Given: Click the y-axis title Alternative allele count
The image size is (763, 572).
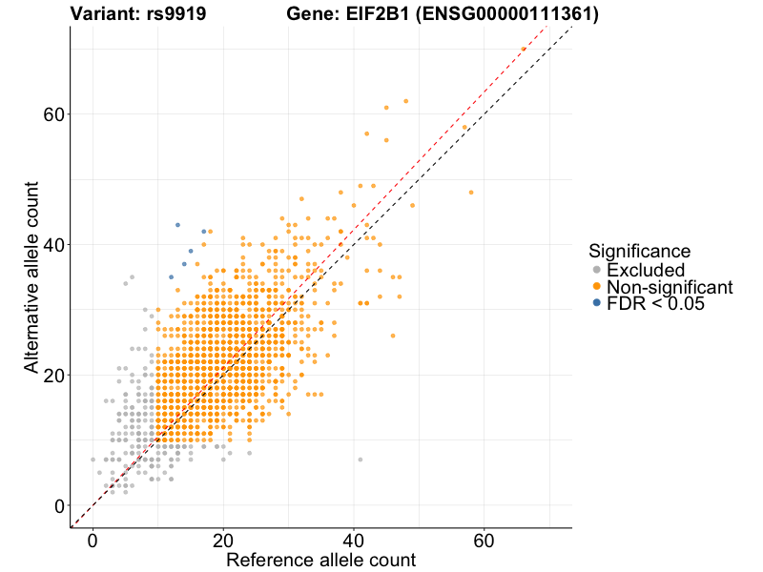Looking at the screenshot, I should [x=32, y=276].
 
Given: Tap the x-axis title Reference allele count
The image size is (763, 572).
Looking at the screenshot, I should [x=320, y=560].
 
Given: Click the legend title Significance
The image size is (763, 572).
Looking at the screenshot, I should [x=639, y=252].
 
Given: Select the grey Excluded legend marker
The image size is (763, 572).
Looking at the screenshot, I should [x=597, y=270].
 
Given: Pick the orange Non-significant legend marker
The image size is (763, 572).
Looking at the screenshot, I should [x=597, y=286].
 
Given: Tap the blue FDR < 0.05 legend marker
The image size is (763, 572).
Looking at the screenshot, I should [x=597, y=303].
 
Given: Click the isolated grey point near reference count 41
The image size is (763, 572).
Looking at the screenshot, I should [x=361, y=460].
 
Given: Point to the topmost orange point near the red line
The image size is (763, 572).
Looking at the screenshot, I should [x=524, y=49].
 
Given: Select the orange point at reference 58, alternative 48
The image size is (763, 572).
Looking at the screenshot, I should [x=471, y=193].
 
